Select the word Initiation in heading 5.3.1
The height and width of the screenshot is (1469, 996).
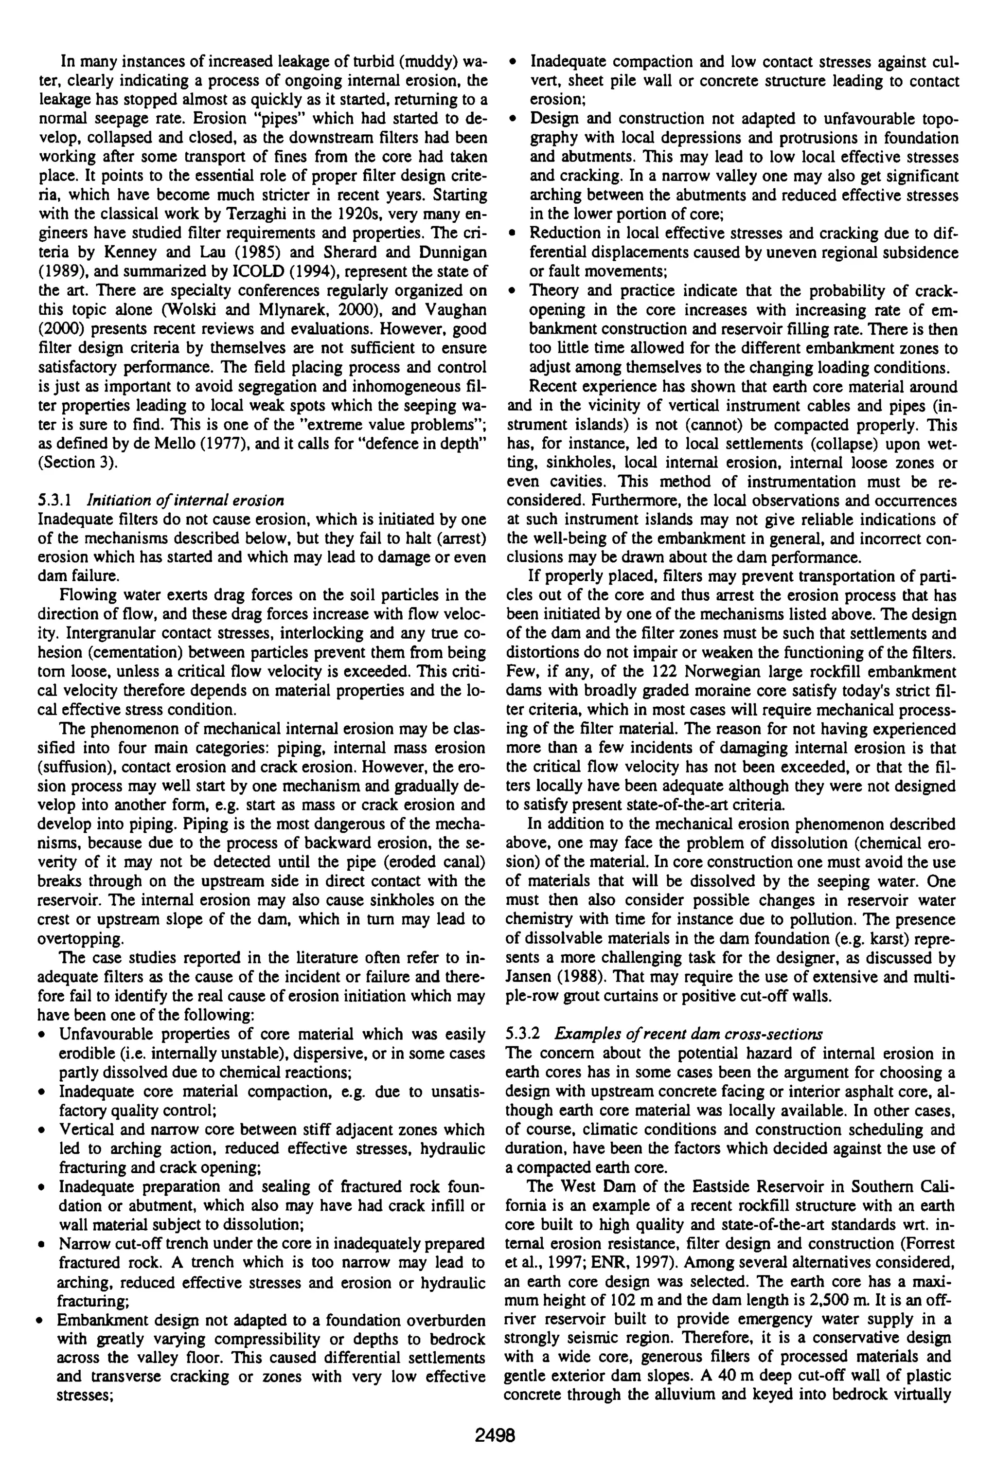click(111, 501)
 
